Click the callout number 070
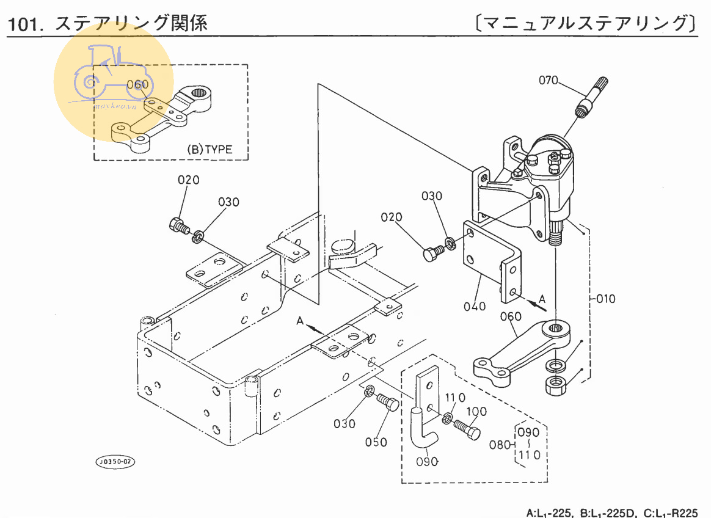[x=548, y=81]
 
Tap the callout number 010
[x=606, y=299]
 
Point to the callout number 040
[x=474, y=306]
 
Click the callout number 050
[x=376, y=441]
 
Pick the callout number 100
[x=476, y=412]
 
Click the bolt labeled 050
[x=387, y=403]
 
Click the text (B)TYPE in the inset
[x=210, y=149]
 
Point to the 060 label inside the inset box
[x=138, y=84]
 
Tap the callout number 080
[x=500, y=444]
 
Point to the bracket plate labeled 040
[x=492, y=263]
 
